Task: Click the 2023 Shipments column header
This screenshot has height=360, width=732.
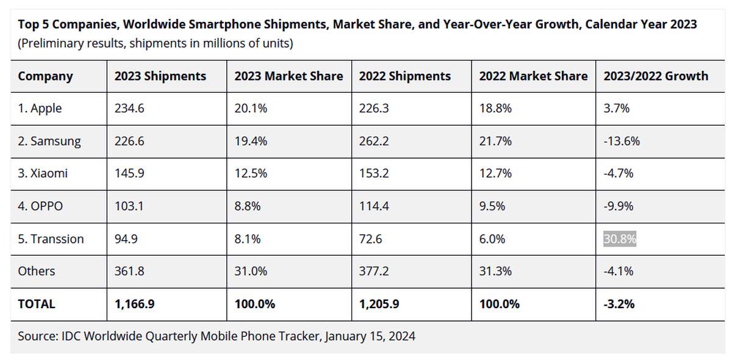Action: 160,76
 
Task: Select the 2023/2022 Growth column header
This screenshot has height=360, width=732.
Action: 656,76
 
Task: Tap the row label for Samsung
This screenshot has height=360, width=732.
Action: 49,141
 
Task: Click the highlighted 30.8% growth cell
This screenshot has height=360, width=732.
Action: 620,239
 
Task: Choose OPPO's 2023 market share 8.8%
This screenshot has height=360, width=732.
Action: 247,206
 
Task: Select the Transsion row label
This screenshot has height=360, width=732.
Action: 51,239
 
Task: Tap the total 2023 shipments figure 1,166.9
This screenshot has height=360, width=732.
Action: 134,303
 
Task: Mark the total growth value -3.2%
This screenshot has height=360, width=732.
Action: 619,303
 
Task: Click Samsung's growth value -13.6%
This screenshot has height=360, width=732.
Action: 621,141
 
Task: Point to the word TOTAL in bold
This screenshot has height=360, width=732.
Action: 36,303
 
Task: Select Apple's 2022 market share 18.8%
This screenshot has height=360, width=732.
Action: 495,109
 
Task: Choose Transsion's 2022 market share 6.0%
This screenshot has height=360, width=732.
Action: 492,239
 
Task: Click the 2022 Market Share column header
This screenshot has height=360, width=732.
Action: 533,76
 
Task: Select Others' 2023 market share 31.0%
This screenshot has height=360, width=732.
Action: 250,271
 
